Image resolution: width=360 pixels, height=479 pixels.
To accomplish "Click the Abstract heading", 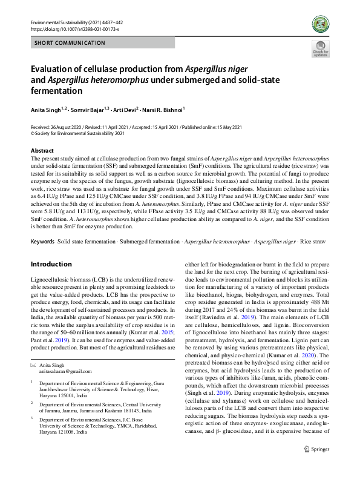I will pyautogui.click(x=42, y=150).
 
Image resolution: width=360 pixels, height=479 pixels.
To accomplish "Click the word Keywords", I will pyautogui.click(x=42, y=241).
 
